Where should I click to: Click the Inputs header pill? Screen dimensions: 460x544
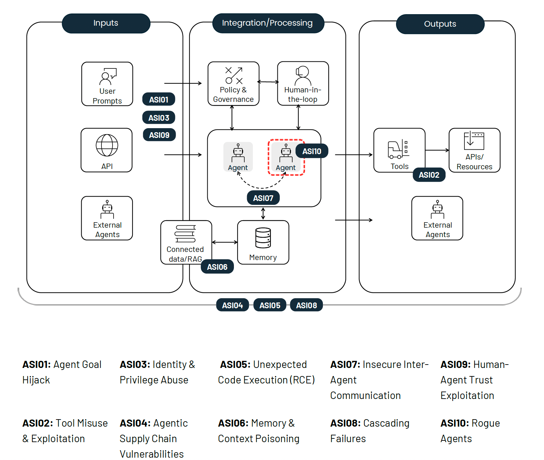[106, 23]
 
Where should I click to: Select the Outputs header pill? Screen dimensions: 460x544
[440, 24]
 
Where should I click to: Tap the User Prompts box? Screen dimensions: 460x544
[107, 84]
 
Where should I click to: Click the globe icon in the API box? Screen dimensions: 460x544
[107, 145]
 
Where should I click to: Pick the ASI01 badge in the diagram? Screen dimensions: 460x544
[159, 99]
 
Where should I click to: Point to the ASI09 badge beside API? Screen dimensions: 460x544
[159, 135]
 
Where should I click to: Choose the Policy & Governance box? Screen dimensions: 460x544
[233, 84]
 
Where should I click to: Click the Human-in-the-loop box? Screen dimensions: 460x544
[303, 84]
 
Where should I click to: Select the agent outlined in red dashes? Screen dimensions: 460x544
[286, 157]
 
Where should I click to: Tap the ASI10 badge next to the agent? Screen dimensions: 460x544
[312, 151]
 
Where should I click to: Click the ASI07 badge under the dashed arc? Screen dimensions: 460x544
[263, 198]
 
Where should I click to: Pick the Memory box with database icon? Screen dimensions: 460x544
[263, 242]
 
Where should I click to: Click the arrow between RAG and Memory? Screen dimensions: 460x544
[225, 242]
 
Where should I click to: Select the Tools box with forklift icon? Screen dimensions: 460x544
[399, 150]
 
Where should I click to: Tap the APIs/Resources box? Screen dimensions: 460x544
[474, 150]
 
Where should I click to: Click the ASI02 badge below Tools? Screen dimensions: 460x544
[429, 175]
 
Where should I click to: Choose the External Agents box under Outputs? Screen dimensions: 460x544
[437, 218]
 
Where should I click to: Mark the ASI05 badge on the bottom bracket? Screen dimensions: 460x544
[270, 305]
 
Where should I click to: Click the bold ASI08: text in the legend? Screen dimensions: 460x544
[345, 423]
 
